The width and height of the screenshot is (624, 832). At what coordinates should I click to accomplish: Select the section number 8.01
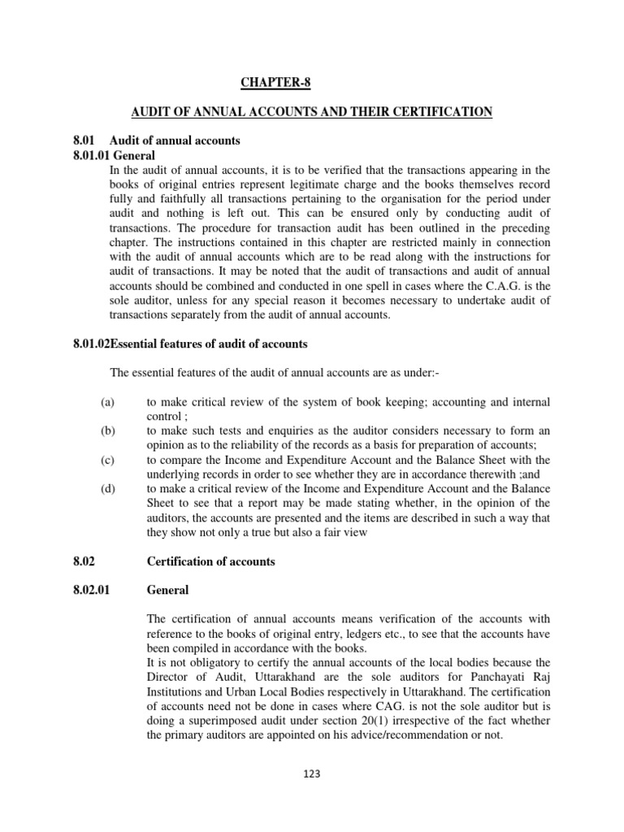84,141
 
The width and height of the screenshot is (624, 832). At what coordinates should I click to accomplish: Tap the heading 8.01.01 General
114,155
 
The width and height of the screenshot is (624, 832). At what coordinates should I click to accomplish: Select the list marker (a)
108,402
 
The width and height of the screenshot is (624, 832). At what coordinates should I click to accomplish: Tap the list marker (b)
108,431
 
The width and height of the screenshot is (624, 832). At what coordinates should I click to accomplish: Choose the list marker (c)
108,461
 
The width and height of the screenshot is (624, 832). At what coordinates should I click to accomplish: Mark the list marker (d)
108,490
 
